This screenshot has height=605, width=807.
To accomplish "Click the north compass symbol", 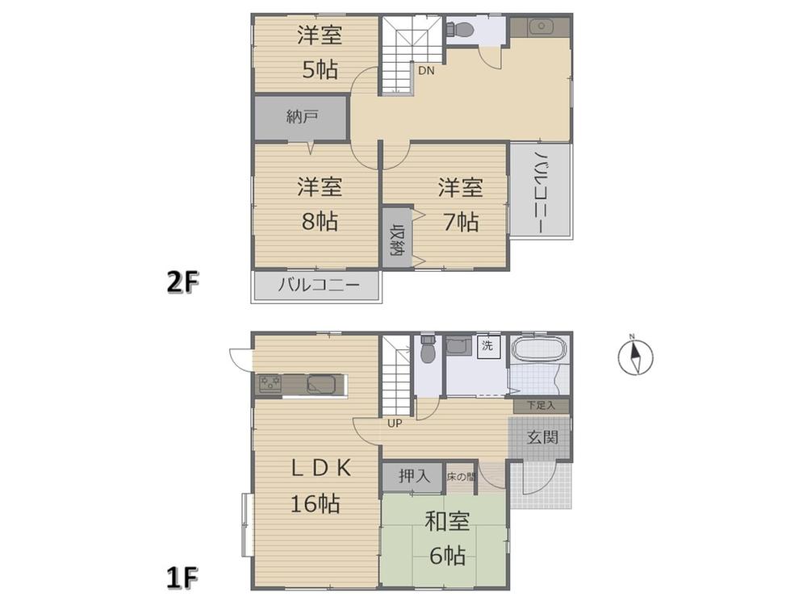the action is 636,356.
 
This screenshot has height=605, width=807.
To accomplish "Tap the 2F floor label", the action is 182,282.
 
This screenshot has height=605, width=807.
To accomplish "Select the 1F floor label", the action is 182,578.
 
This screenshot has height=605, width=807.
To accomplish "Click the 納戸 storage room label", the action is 302,117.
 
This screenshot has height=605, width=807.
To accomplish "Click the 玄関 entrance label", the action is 542,438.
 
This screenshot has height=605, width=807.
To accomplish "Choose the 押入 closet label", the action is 414,476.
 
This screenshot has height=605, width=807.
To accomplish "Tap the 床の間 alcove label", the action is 460,477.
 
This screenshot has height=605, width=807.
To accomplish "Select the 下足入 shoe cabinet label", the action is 541,406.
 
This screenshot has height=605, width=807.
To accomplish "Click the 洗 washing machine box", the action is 487,345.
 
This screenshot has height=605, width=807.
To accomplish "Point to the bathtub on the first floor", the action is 539,349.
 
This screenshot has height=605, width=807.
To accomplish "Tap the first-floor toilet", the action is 429,349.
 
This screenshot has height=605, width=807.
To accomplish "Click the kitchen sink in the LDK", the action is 321,384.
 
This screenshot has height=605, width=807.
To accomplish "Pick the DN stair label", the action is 426,71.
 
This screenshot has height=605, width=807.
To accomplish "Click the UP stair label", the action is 395,424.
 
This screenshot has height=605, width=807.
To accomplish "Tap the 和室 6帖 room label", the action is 447,539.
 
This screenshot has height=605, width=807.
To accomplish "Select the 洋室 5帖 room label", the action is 320,52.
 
